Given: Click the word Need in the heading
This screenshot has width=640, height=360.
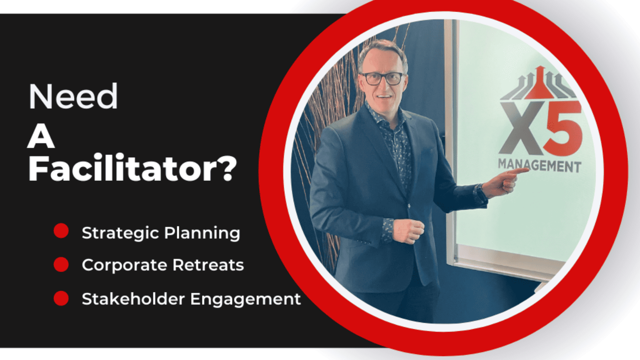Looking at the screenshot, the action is point(73,96).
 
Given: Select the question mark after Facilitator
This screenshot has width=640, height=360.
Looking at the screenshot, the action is point(229,168).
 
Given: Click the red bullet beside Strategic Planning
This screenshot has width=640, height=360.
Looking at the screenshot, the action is point(61,230).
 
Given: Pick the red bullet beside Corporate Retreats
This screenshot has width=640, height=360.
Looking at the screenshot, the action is point(61,264).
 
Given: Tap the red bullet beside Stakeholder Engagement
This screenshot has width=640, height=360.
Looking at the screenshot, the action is point(61,298).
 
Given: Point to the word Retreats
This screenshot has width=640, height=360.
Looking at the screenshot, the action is point(208,265).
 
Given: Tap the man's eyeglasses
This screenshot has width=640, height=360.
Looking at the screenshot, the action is point(382,78).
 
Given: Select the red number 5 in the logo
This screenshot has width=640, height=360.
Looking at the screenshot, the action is point(562,128).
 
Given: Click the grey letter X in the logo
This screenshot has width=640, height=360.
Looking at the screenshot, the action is point(522,128).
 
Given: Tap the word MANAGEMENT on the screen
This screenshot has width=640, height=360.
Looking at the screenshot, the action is point(540,166).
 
